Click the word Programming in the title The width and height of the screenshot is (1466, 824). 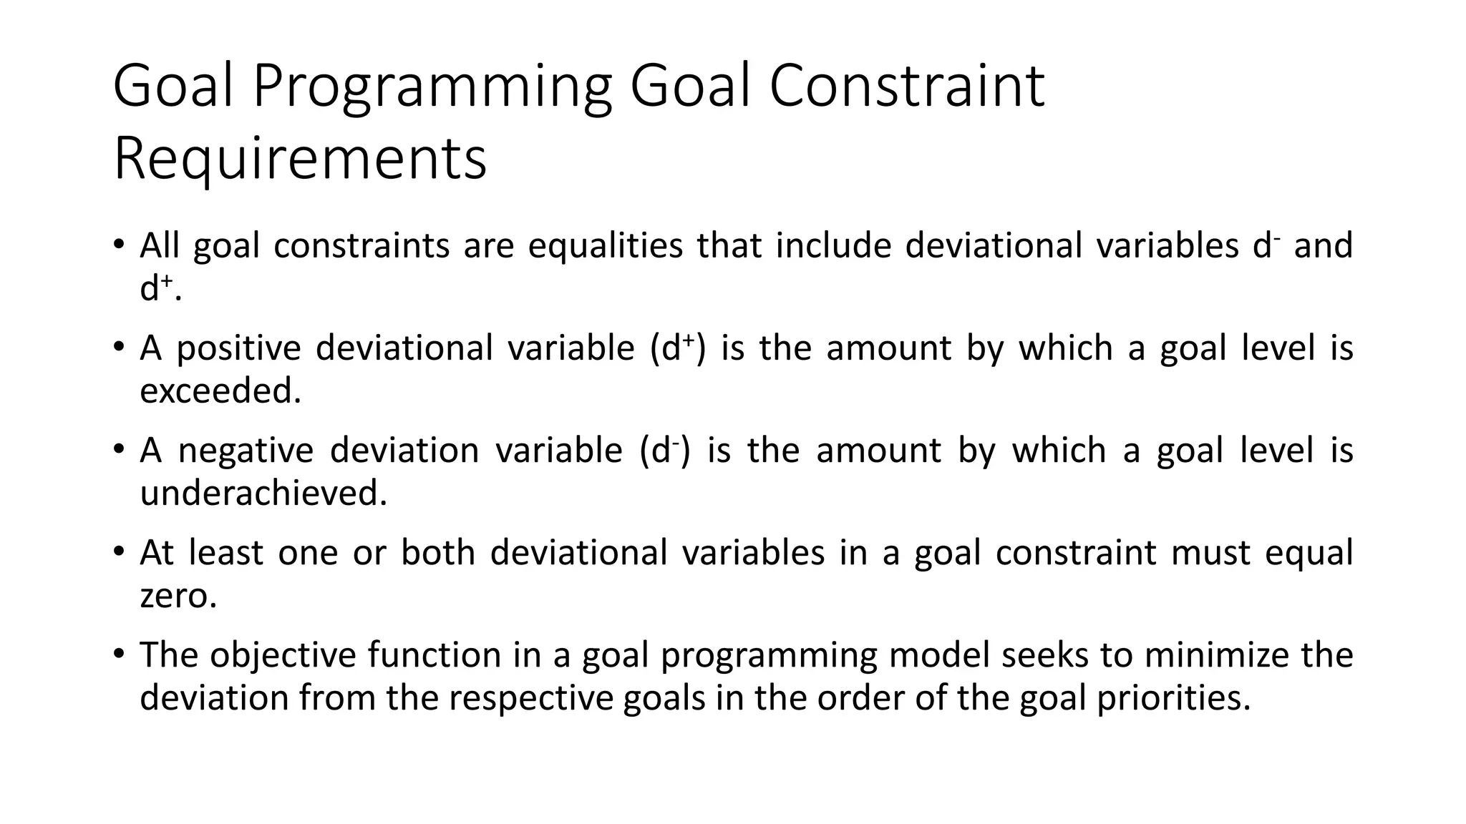432,87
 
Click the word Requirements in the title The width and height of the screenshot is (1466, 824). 300,159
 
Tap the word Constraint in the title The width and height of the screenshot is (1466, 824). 907,87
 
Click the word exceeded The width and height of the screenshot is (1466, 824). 220,391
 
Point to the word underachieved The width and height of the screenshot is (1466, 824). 263,493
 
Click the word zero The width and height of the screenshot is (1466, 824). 178,595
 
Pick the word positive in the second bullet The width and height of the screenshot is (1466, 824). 238,348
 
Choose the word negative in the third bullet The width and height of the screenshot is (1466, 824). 246,451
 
